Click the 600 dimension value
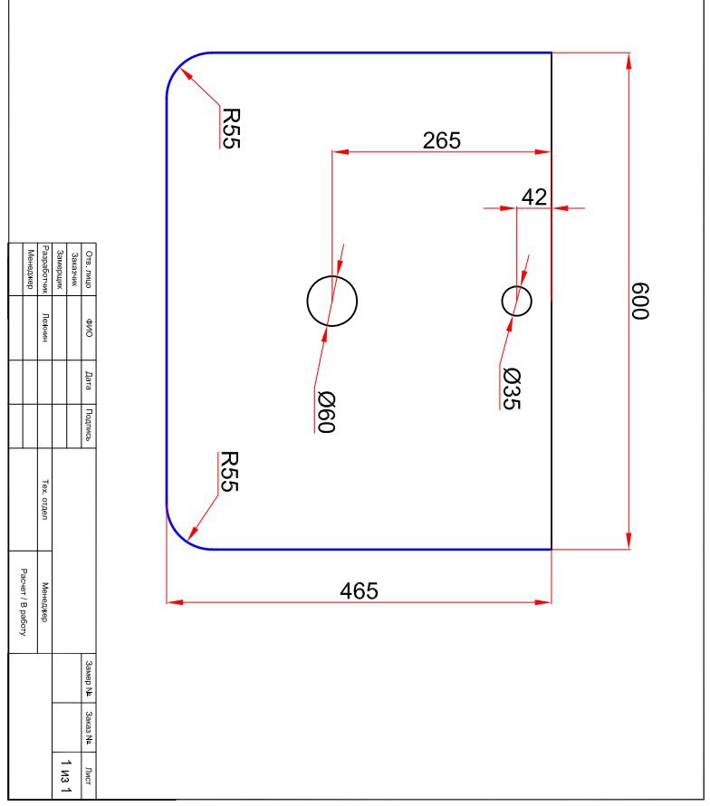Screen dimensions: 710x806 coord(640,301)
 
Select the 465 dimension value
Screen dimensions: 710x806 coord(359,590)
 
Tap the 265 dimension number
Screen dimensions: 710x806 coord(442,140)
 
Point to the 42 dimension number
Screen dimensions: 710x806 coord(534,197)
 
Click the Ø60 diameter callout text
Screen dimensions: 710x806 coord(326,412)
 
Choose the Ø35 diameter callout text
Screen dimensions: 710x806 coord(512,389)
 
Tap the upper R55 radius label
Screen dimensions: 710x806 coord(231,128)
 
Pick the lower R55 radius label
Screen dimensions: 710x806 coord(229,472)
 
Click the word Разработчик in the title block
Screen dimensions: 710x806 coord(45,269)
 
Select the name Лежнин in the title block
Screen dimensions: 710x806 coord(45,328)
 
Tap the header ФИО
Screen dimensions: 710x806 coord(89,328)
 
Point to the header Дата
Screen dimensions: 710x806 coord(89,381)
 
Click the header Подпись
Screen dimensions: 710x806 coord(89,425)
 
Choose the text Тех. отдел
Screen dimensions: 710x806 coord(45,500)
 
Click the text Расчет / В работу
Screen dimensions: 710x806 coord(24,602)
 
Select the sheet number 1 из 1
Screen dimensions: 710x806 coord(66,776)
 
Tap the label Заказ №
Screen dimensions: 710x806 coord(89,728)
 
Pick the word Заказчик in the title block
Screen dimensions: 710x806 coord(74,269)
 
